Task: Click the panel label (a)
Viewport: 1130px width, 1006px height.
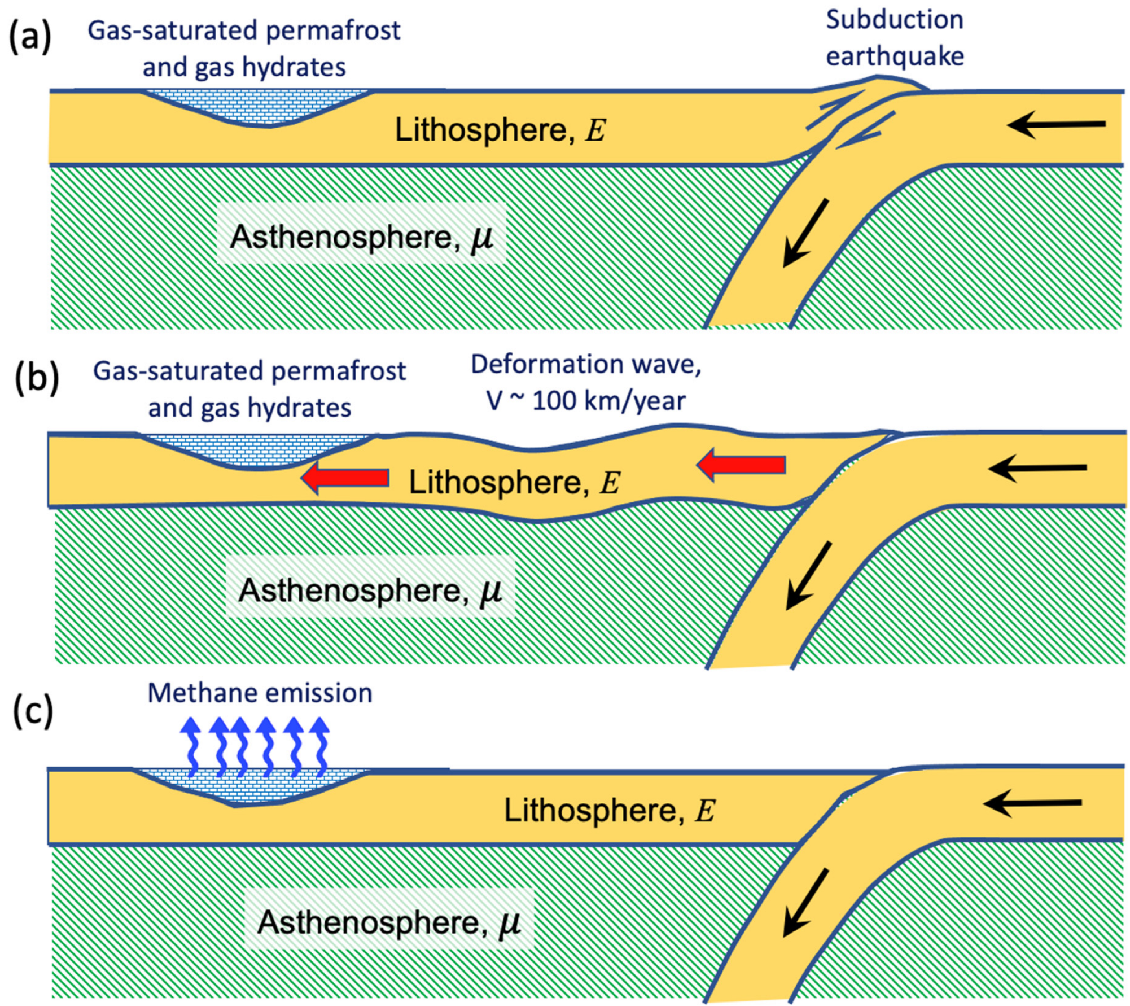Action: pyautogui.click(x=29, y=38)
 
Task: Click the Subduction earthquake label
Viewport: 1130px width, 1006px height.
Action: pyautogui.click(x=895, y=38)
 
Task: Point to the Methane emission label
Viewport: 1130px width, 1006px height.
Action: pyautogui.click(x=260, y=693)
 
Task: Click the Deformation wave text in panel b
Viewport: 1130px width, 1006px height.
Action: pyautogui.click(x=585, y=364)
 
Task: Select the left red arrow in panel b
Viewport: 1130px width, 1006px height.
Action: pyautogui.click(x=345, y=478)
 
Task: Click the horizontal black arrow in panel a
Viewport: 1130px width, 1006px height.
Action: pyautogui.click(x=1056, y=124)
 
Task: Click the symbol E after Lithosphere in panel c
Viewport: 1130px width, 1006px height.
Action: pyautogui.click(x=705, y=811)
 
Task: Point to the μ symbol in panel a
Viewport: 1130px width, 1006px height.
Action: pyautogui.click(x=481, y=237)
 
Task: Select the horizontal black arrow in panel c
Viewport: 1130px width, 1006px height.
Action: pyautogui.click(x=1032, y=803)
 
